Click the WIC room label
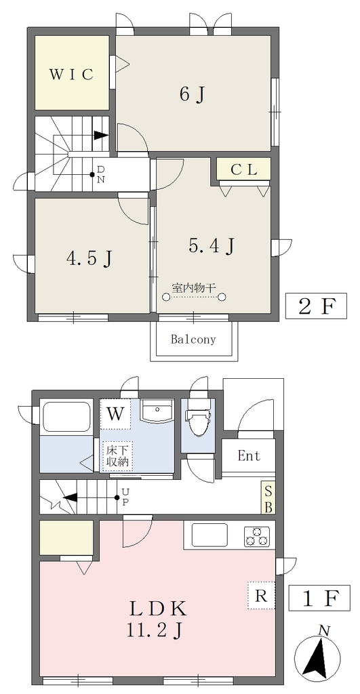click(x=71, y=75)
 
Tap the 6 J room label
click(x=193, y=94)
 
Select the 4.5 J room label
click(x=89, y=258)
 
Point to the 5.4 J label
click(x=211, y=246)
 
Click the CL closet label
click(x=243, y=170)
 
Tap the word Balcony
click(x=193, y=340)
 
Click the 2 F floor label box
click(x=316, y=306)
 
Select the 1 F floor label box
click(x=319, y=598)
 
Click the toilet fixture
click(x=197, y=422)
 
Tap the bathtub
click(x=67, y=417)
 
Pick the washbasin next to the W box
click(x=157, y=411)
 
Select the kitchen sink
click(x=209, y=535)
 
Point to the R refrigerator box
click(x=262, y=595)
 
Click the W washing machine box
click(x=115, y=414)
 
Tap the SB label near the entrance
click(x=268, y=498)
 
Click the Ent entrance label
click(x=249, y=456)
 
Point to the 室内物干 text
click(x=194, y=288)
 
